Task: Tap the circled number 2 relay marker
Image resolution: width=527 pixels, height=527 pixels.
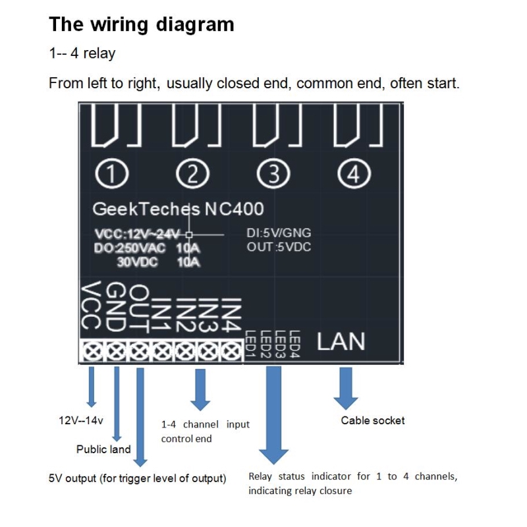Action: pyautogui.click(x=194, y=174)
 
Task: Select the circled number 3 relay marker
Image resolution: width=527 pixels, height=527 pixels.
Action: pyautogui.click(x=273, y=174)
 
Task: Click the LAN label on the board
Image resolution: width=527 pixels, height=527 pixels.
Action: pyautogui.click(x=341, y=342)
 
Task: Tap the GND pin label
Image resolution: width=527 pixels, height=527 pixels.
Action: pyautogui.click(x=115, y=308)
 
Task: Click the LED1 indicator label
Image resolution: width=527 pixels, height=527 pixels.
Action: pyautogui.click(x=250, y=343)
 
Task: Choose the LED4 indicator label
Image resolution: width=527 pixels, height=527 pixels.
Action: pyautogui.click(x=295, y=343)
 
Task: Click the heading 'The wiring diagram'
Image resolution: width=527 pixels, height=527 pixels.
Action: pyautogui.click(x=142, y=25)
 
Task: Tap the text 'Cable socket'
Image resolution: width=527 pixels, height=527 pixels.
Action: pyautogui.click(x=372, y=420)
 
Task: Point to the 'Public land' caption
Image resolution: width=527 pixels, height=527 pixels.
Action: pyautogui.click(x=103, y=449)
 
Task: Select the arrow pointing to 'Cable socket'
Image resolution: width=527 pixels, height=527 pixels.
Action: pyautogui.click(x=345, y=389)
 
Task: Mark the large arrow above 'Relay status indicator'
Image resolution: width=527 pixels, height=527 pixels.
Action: pyautogui.click(x=273, y=415)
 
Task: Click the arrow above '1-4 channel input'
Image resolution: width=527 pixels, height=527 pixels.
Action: pyautogui.click(x=199, y=390)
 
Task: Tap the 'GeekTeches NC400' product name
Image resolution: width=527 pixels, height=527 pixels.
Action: pyautogui.click(x=178, y=209)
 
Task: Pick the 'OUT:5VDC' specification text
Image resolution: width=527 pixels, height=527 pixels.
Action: pyautogui.click(x=279, y=247)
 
